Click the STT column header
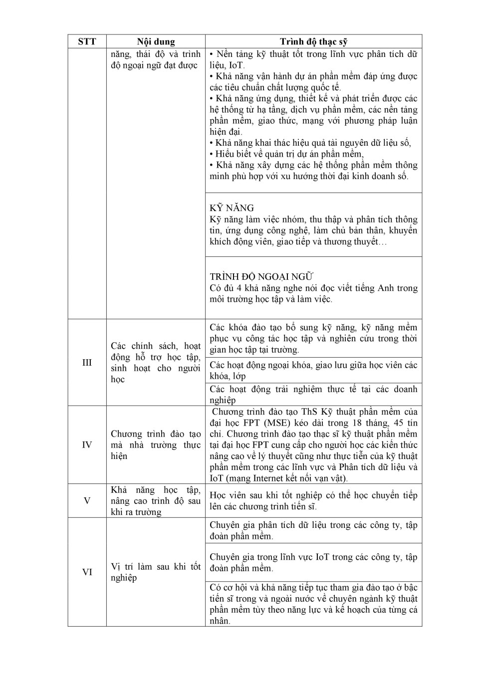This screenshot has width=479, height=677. pyautogui.click(x=87, y=41)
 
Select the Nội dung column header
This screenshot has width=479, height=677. pyautogui.click(x=156, y=41)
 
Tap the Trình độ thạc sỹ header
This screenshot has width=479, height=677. pyautogui.click(x=313, y=41)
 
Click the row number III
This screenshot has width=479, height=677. pyautogui.click(x=87, y=363)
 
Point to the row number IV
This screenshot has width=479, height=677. pyautogui.click(x=87, y=445)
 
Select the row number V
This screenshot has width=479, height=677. pyautogui.click(x=87, y=500)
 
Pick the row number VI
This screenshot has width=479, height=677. pyautogui.click(x=87, y=572)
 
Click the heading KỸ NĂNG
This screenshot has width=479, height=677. pyautogui.click(x=232, y=208)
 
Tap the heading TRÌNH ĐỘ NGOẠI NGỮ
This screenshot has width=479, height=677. pyautogui.click(x=261, y=276)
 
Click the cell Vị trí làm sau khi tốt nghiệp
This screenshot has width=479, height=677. pyautogui.click(x=156, y=572)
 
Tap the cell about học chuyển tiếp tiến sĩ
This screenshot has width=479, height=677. pyautogui.click(x=313, y=501)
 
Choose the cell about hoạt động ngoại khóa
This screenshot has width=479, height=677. pyautogui.click(x=313, y=370)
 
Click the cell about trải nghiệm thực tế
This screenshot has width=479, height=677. pyautogui.click(x=313, y=394)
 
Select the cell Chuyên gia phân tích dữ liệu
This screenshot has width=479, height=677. pyautogui.click(x=313, y=530)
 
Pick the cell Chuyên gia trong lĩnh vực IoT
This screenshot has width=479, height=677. pyautogui.click(x=313, y=562)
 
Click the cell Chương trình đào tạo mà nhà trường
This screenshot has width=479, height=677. pyautogui.click(x=156, y=445)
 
